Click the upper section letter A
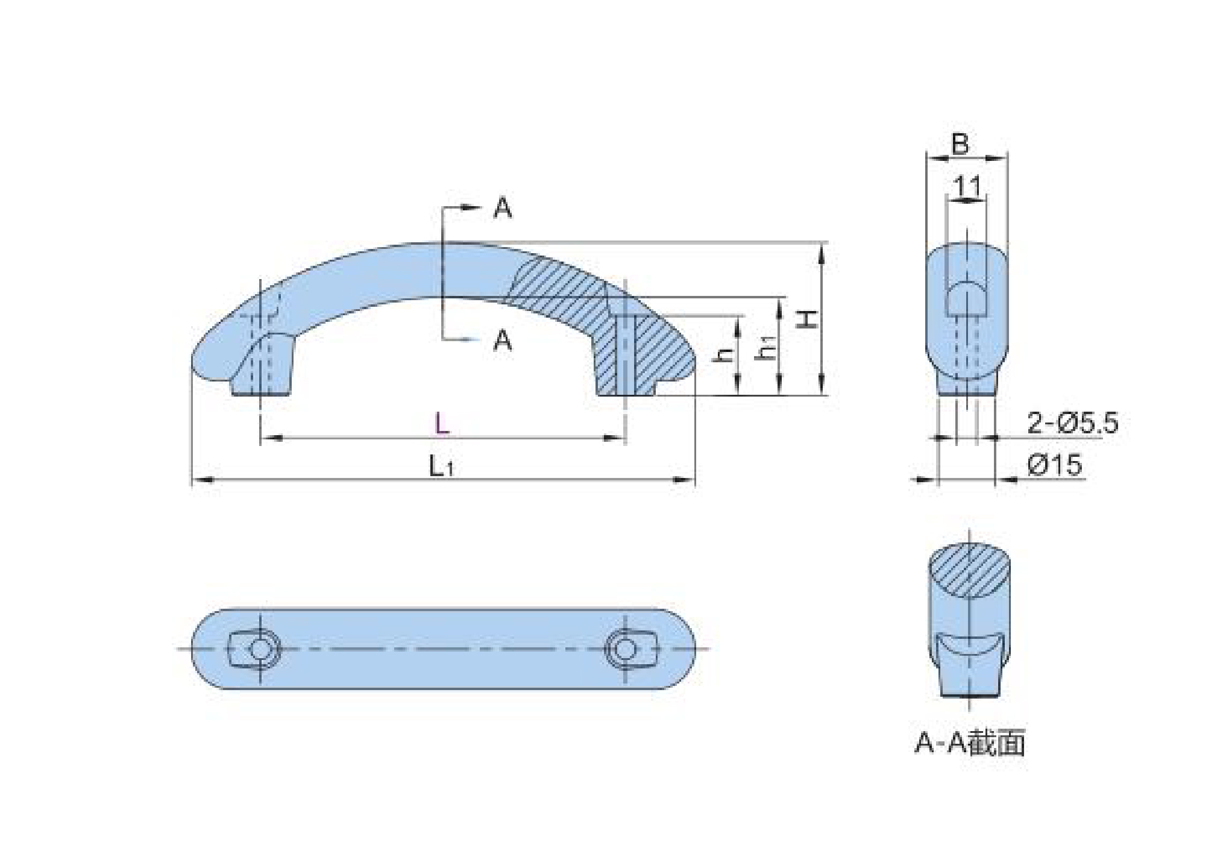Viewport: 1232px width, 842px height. point(503,209)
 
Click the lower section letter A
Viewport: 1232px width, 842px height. point(503,341)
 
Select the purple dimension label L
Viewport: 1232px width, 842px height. point(442,424)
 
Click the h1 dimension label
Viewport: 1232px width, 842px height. point(767,348)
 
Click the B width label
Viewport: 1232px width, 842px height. point(960,144)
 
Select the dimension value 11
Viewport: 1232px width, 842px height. point(967,187)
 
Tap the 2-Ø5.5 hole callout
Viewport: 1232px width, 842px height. point(1072,423)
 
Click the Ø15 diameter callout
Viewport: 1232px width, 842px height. point(1055,465)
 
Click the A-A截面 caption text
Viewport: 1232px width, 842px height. point(970,743)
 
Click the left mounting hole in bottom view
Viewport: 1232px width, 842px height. point(260,649)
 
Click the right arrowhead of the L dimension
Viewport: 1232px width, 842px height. point(614,438)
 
